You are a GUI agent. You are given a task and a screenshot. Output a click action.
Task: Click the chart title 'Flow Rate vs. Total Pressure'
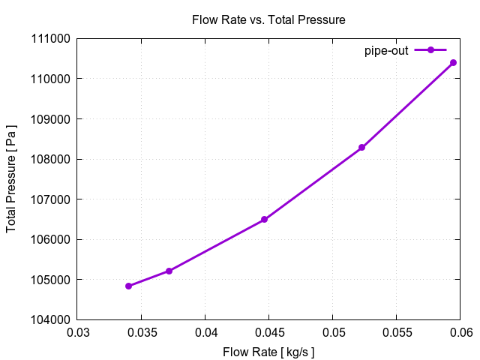(268, 20)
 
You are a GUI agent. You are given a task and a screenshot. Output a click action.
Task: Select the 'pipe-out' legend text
(386, 50)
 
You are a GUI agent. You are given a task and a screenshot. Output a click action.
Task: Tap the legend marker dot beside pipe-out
(430, 50)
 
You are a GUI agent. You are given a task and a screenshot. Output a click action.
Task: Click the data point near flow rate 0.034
(129, 286)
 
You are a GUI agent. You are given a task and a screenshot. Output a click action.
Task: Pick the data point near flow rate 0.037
(169, 271)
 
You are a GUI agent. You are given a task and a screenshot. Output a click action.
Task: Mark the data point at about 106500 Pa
(264, 220)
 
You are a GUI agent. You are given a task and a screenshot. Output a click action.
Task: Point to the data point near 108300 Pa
(361, 148)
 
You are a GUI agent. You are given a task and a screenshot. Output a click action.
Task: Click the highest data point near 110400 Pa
(453, 63)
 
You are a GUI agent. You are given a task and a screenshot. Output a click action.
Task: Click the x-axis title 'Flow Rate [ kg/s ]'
(268, 352)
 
